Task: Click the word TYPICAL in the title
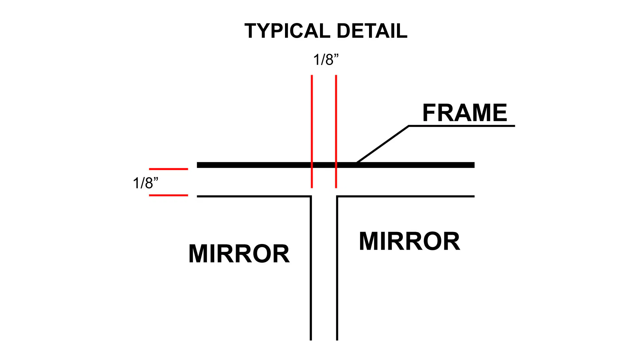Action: [x=287, y=31]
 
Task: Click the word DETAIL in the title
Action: [x=372, y=31]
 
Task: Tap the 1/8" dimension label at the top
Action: [x=326, y=60]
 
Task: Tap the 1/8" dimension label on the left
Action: [x=145, y=183]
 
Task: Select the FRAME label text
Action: [x=465, y=113]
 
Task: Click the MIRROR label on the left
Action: [x=239, y=254]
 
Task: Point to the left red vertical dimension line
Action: [x=312, y=131]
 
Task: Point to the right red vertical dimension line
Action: [x=336, y=131]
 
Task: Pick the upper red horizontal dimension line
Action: [x=168, y=169]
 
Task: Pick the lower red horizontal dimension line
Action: [x=168, y=195]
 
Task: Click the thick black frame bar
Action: [x=336, y=165]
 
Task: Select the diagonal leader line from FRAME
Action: [x=383, y=144]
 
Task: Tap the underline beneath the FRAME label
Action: [x=462, y=126]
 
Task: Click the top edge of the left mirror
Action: [x=254, y=196]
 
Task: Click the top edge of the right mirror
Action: [x=406, y=196]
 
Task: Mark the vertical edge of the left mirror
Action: [x=311, y=268]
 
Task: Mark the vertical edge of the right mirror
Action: [x=337, y=268]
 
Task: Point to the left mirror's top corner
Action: [x=311, y=196]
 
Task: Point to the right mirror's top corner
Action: [x=337, y=196]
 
